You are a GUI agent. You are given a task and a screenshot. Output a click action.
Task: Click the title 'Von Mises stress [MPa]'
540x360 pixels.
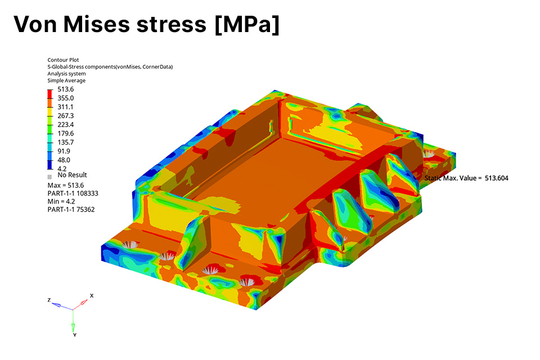point(146,24)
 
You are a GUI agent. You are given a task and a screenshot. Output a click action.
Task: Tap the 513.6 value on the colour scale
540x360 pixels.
point(65,89)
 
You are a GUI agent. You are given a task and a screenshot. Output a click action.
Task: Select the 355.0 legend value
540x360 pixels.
point(65,98)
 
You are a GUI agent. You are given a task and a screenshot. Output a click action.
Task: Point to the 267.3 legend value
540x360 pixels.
point(65,116)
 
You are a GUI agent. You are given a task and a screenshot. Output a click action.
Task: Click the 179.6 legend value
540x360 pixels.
point(65,133)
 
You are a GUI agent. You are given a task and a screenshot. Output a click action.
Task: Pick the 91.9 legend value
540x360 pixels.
point(64,151)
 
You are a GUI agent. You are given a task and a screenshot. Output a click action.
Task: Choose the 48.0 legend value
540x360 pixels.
point(64,160)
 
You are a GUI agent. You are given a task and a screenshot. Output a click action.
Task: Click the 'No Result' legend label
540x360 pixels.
point(73,175)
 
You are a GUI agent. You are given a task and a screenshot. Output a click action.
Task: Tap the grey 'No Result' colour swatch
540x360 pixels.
point(49,177)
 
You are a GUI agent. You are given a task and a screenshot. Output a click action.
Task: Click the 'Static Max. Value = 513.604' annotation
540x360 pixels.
point(466,178)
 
